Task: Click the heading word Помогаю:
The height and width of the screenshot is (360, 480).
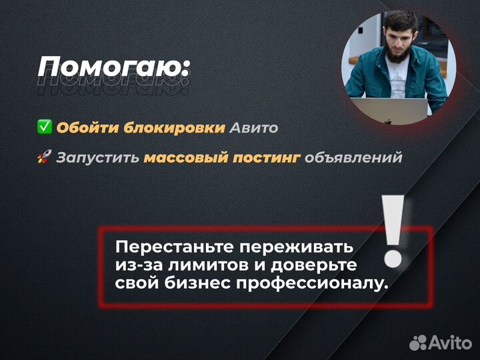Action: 113,67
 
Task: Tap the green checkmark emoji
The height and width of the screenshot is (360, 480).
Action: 45,127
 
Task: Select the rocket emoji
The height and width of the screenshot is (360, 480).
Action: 45,158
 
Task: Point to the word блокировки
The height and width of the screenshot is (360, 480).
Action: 173,127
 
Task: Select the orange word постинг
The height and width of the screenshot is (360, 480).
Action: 265,158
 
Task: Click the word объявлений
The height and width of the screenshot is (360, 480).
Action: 354,158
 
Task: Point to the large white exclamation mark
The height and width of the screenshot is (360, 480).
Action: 395,230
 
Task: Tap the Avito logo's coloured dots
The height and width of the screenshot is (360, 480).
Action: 418,343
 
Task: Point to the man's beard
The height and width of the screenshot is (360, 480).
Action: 397,53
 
